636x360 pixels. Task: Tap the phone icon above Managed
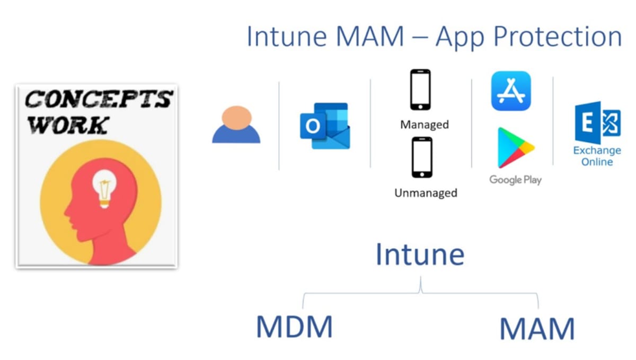click(420, 90)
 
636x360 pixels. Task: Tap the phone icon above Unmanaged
click(422, 157)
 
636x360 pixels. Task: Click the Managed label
click(425, 125)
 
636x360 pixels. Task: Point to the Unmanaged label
click(426, 193)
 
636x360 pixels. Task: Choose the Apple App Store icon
click(511, 91)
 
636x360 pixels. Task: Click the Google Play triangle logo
click(514, 147)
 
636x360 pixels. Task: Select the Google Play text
click(515, 180)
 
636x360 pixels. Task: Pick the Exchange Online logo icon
click(597, 123)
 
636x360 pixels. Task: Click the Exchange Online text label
click(597, 156)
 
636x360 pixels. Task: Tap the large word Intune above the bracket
click(420, 254)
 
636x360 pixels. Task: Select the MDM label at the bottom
click(294, 327)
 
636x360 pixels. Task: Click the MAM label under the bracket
click(537, 329)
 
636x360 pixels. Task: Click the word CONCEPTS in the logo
click(99, 99)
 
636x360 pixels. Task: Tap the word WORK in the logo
click(67, 125)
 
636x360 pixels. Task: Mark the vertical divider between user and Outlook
click(279, 126)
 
